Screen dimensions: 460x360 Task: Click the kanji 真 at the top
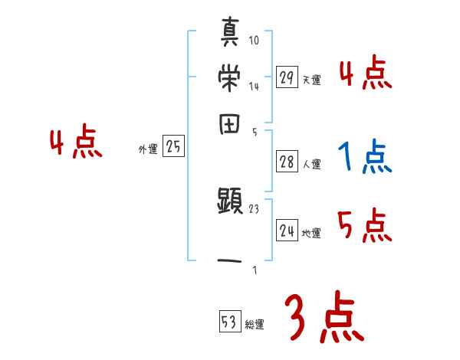click(x=230, y=35)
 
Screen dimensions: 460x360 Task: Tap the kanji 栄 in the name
click(x=230, y=77)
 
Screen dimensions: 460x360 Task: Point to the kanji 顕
click(x=230, y=202)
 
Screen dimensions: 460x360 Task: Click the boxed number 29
click(x=287, y=77)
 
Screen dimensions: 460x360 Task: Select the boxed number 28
click(x=287, y=161)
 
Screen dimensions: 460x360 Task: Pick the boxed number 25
click(x=173, y=147)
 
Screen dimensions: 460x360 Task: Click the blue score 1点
click(x=363, y=158)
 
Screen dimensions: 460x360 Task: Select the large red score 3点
click(x=324, y=319)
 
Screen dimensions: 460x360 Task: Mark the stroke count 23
click(x=254, y=208)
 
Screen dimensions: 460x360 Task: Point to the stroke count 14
click(x=254, y=87)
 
